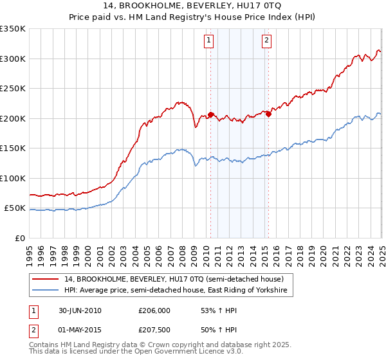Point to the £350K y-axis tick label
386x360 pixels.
[13, 29]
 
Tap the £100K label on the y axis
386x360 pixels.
[13, 178]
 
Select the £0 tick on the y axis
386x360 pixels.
[19, 238]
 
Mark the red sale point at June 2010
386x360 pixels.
[210, 114]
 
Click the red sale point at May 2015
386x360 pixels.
[268, 114]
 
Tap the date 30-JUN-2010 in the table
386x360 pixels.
[80, 310]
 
